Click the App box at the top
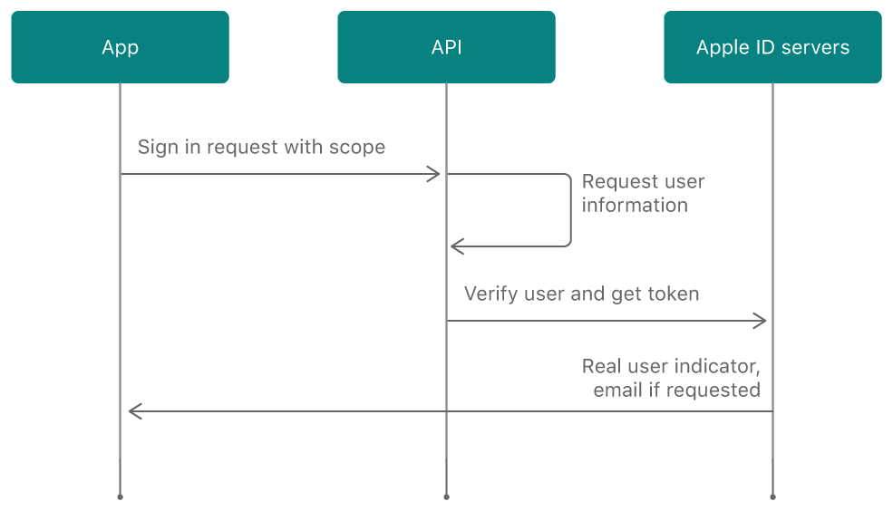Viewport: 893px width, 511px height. click(x=120, y=47)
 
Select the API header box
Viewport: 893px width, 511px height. click(x=446, y=47)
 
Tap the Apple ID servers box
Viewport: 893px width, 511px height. click(x=772, y=47)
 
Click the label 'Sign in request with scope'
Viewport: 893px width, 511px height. click(x=261, y=147)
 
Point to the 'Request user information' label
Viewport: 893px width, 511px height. click(x=643, y=193)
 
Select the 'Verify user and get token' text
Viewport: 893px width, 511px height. click(x=581, y=294)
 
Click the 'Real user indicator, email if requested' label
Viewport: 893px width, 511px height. click(x=671, y=378)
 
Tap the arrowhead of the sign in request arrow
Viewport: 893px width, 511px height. click(x=435, y=174)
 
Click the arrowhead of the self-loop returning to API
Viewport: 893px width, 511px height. click(x=456, y=246)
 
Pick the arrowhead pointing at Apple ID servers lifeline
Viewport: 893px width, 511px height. click(x=762, y=320)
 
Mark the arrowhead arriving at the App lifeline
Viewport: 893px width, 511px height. click(x=133, y=411)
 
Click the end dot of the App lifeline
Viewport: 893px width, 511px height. click(x=120, y=497)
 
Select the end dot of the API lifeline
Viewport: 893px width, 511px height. click(x=446, y=497)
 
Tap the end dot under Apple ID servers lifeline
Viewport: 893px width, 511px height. click(x=772, y=497)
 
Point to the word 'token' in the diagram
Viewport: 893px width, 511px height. click(x=674, y=294)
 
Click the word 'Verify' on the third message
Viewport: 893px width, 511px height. click(x=490, y=294)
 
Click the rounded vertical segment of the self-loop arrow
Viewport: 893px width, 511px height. click(x=570, y=210)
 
